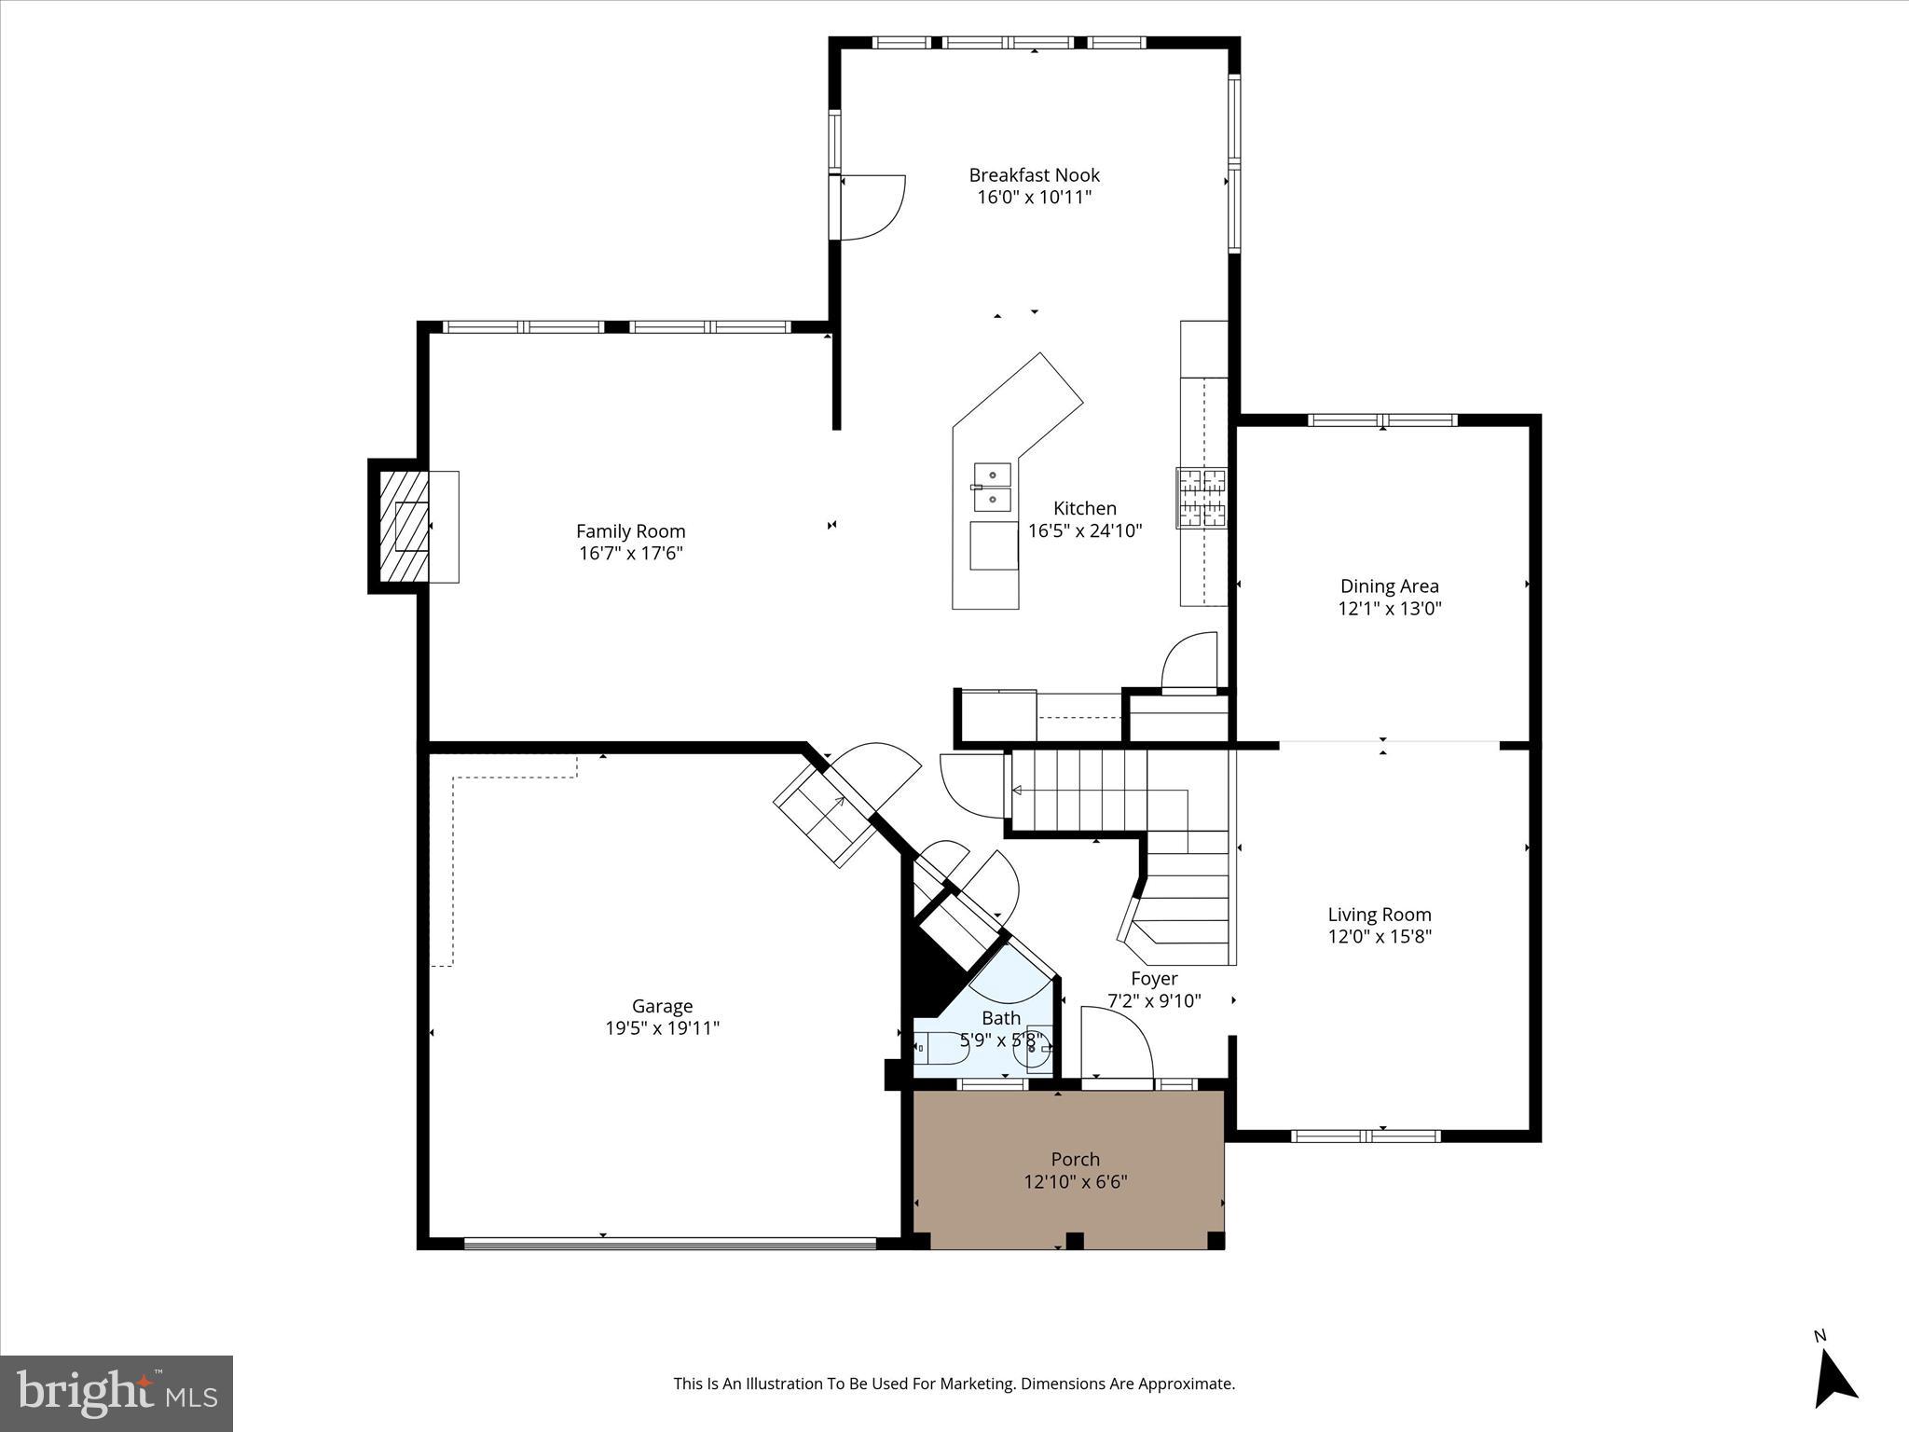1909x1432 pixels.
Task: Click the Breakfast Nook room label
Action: (1034, 175)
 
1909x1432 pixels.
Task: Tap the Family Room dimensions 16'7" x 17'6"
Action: (631, 553)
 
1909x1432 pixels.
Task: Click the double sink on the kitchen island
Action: (993, 488)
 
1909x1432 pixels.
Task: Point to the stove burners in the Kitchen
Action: (1202, 497)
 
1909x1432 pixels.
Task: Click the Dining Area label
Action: (1389, 586)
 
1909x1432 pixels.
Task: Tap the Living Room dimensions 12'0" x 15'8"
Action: (1379, 936)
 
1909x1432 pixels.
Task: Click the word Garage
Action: (662, 1006)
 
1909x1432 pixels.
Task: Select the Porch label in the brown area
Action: (1075, 1159)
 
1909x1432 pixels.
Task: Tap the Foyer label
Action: (1154, 978)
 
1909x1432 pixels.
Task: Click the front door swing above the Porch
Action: (1116, 1042)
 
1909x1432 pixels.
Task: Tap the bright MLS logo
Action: (117, 1393)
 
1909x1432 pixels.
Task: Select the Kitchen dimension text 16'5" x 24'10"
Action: (1085, 531)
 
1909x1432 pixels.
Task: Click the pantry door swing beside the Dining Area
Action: (1190, 661)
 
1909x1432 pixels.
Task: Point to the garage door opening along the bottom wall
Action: (669, 1243)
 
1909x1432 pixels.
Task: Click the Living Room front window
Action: (1366, 1136)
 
